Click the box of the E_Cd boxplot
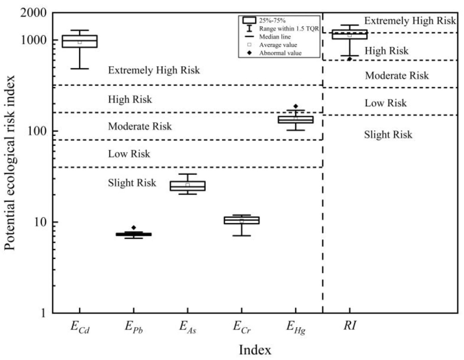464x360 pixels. tap(79, 41)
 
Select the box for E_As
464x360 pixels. tap(187, 186)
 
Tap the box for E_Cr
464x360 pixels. tap(241, 220)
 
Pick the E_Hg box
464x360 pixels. tap(295, 119)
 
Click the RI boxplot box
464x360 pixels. tap(349, 34)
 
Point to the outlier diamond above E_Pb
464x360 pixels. tap(133, 227)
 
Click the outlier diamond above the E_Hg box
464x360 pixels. tap(295, 106)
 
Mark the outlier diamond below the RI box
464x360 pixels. tap(349, 59)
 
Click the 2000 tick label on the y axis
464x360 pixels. tap(33, 13)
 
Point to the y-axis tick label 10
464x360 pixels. tap(41, 222)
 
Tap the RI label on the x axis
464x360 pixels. tap(349, 326)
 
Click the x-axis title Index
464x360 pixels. tap(255, 350)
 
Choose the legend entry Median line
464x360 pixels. tap(274, 37)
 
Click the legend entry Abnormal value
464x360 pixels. tap(280, 53)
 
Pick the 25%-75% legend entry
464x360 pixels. tap(272, 20)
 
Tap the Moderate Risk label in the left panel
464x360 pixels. tap(140, 126)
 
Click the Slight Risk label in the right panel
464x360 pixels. tap(388, 135)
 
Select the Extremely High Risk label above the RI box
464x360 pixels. tap(410, 21)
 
